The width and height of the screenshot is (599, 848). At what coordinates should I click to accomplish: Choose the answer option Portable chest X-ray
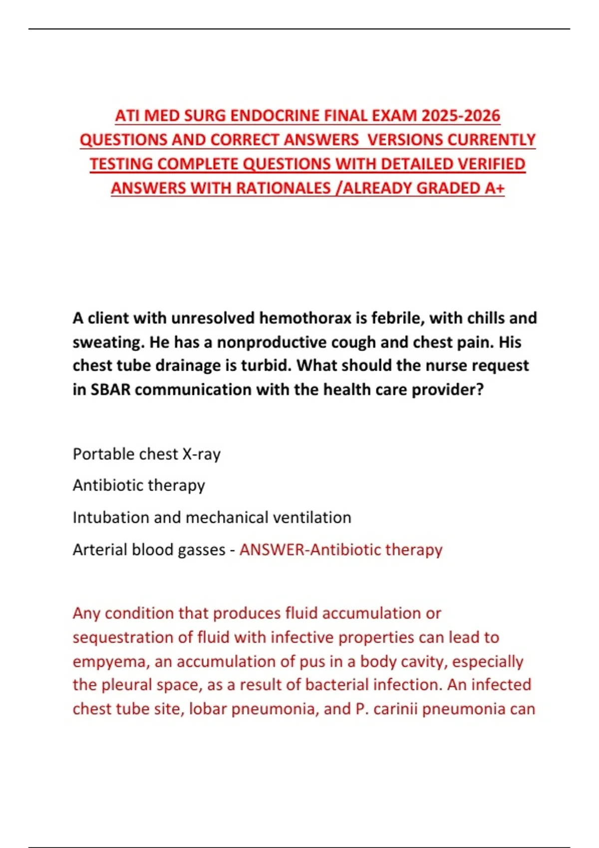coord(146,454)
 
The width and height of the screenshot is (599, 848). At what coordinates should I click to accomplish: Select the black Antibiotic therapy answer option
coord(139,485)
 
